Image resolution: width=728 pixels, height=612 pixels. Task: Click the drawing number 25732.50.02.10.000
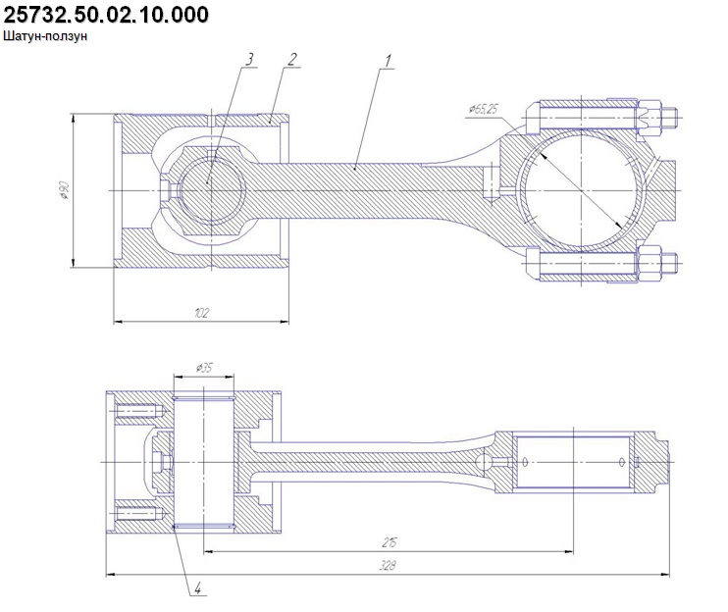click(106, 15)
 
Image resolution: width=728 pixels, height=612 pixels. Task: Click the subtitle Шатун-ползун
click(45, 36)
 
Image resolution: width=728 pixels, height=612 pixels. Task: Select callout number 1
click(388, 61)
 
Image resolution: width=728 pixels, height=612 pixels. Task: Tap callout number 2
click(292, 60)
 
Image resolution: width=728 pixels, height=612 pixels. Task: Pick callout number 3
click(249, 60)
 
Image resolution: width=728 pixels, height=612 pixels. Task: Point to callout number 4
click(198, 588)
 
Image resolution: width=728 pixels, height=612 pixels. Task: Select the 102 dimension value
click(201, 313)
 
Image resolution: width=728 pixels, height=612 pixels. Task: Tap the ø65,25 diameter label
click(483, 109)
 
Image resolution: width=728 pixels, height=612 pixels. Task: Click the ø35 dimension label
click(204, 368)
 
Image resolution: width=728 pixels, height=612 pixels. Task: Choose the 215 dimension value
click(390, 542)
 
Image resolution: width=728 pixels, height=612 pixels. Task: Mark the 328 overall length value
click(388, 566)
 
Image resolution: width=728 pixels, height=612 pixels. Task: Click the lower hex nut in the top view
click(650, 263)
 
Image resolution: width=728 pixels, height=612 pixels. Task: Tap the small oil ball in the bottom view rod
click(484, 462)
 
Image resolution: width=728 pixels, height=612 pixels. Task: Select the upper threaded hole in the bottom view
click(138, 411)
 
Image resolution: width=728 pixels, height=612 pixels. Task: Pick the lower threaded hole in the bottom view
click(138, 514)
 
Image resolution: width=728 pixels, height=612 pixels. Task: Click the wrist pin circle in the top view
click(211, 189)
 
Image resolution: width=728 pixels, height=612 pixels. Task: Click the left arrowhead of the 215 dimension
click(209, 551)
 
